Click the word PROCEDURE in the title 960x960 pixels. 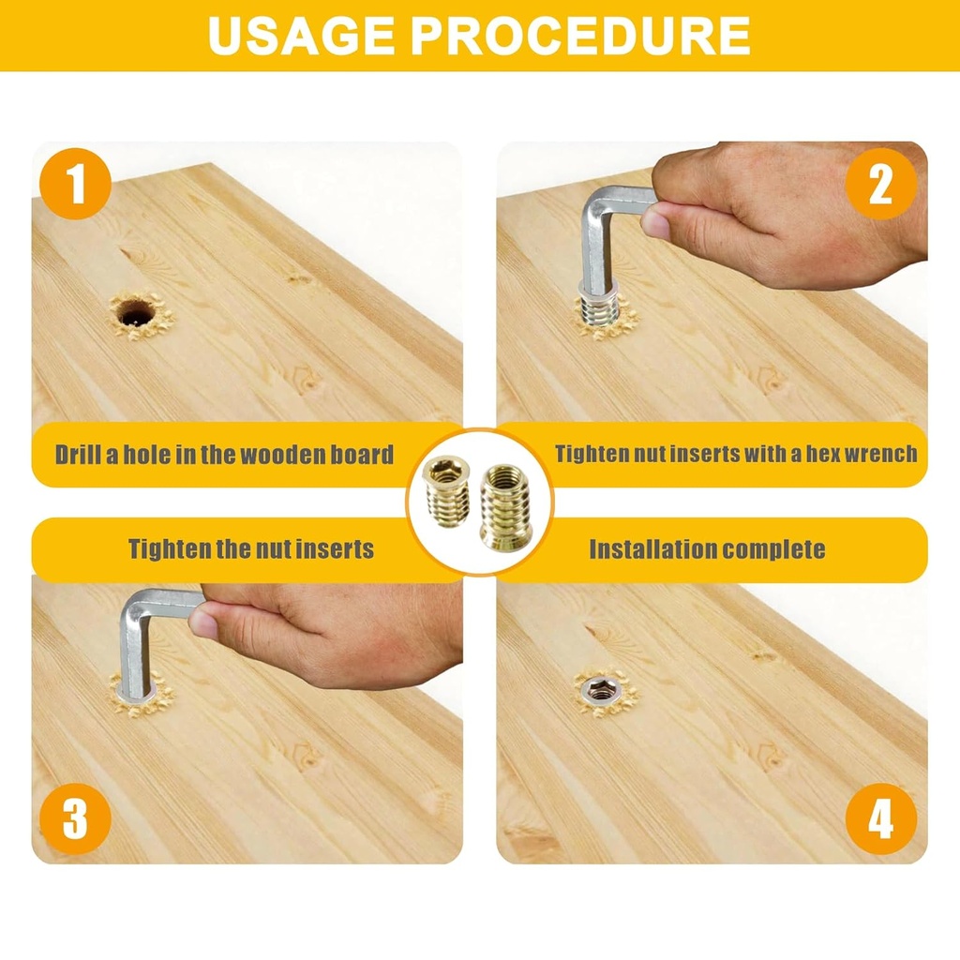[580, 35]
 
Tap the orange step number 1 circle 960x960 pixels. [76, 184]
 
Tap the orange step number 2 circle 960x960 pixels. [880, 184]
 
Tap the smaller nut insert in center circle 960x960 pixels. [446, 490]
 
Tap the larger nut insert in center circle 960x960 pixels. [504, 505]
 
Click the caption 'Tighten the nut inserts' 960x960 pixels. [250, 549]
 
